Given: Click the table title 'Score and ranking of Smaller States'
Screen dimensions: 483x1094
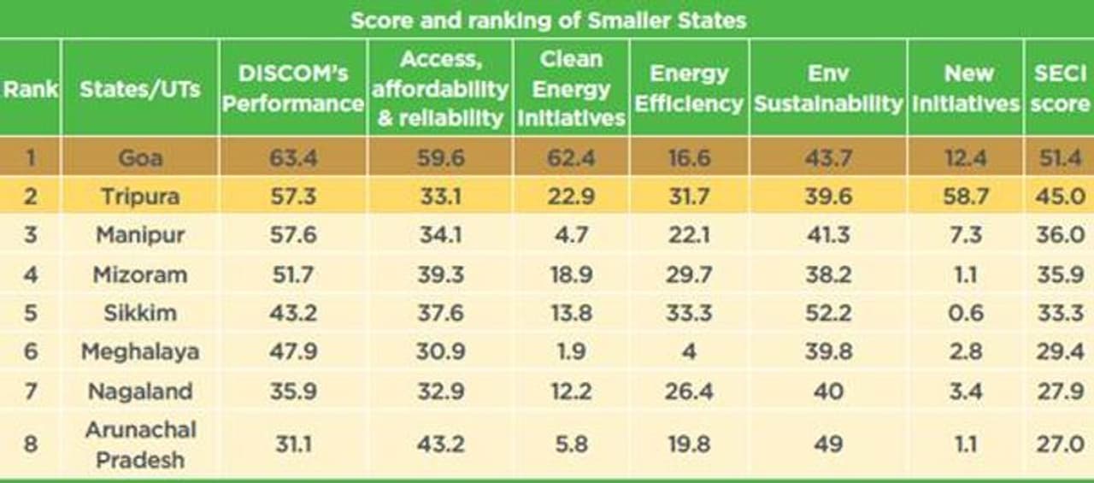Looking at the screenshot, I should (548, 21).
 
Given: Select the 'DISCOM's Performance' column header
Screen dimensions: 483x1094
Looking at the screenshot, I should (293, 88).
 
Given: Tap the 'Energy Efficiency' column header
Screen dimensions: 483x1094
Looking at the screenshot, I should (689, 88).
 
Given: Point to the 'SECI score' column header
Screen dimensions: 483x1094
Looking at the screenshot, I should (1060, 88).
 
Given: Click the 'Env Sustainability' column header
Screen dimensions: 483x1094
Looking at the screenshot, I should (827, 88).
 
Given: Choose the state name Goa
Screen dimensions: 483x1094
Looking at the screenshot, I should (140, 157).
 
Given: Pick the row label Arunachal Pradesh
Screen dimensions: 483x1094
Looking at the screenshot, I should (140, 445).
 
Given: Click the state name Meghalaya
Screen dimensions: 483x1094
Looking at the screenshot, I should (140, 351).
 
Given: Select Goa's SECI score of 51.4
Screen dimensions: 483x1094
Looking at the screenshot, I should (1060, 157).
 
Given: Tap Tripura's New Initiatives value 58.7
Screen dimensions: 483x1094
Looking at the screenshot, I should (968, 197).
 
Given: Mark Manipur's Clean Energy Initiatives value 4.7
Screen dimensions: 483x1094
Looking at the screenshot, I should (571, 235).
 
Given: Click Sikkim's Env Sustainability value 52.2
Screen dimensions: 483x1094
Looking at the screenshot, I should (827, 313).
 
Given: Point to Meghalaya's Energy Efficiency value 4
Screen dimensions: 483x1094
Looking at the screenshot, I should (689, 351).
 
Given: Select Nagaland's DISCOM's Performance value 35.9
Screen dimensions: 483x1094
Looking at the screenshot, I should (293, 392).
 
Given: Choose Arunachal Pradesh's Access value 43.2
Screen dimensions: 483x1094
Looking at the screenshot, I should (442, 445).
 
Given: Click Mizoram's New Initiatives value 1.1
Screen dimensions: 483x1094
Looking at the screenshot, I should (968, 274).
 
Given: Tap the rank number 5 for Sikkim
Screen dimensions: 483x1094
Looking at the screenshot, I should (30, 313).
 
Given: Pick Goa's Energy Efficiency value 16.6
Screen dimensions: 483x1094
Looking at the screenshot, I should (689, 157).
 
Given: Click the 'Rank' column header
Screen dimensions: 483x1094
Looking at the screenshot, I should (30, 88).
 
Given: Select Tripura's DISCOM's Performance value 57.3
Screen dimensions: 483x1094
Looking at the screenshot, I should (293, 197).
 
